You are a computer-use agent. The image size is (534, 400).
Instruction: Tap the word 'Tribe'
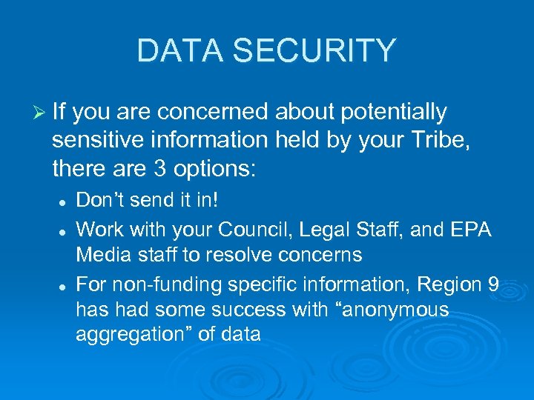[x=443, y=141]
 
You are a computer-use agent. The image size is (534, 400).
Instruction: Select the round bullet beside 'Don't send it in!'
[x=64, y=202]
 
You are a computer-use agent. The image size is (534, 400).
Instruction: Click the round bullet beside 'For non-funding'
[x=64, y=285]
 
